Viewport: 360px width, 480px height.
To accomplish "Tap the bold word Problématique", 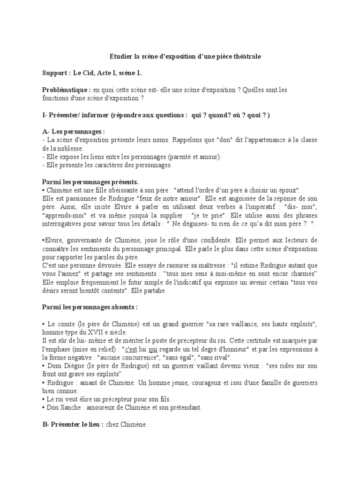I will (x=66, y=90).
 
